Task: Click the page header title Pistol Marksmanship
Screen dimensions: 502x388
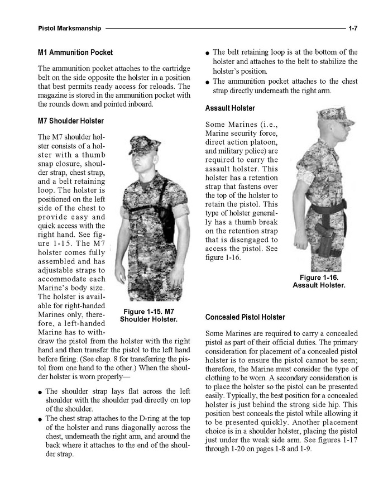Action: (x=70, y=28)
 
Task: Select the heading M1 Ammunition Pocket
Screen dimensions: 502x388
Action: (x=75, y=52)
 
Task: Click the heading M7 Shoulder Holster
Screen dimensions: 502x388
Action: (x=71, y=121)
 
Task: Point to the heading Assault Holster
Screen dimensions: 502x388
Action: (x=230, y=108)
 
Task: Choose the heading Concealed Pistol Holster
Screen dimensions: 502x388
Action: (x=245, y=317)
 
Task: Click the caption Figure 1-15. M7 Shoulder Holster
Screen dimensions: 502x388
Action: (x=149, y=315)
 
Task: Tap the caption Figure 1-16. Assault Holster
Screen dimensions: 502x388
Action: (x=319, y=281)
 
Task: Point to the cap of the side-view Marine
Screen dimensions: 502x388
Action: (x=336, y=116)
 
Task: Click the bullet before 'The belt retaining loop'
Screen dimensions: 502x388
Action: (x=208, y=52)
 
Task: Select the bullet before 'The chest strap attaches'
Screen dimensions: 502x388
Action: (x=40, y=418)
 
